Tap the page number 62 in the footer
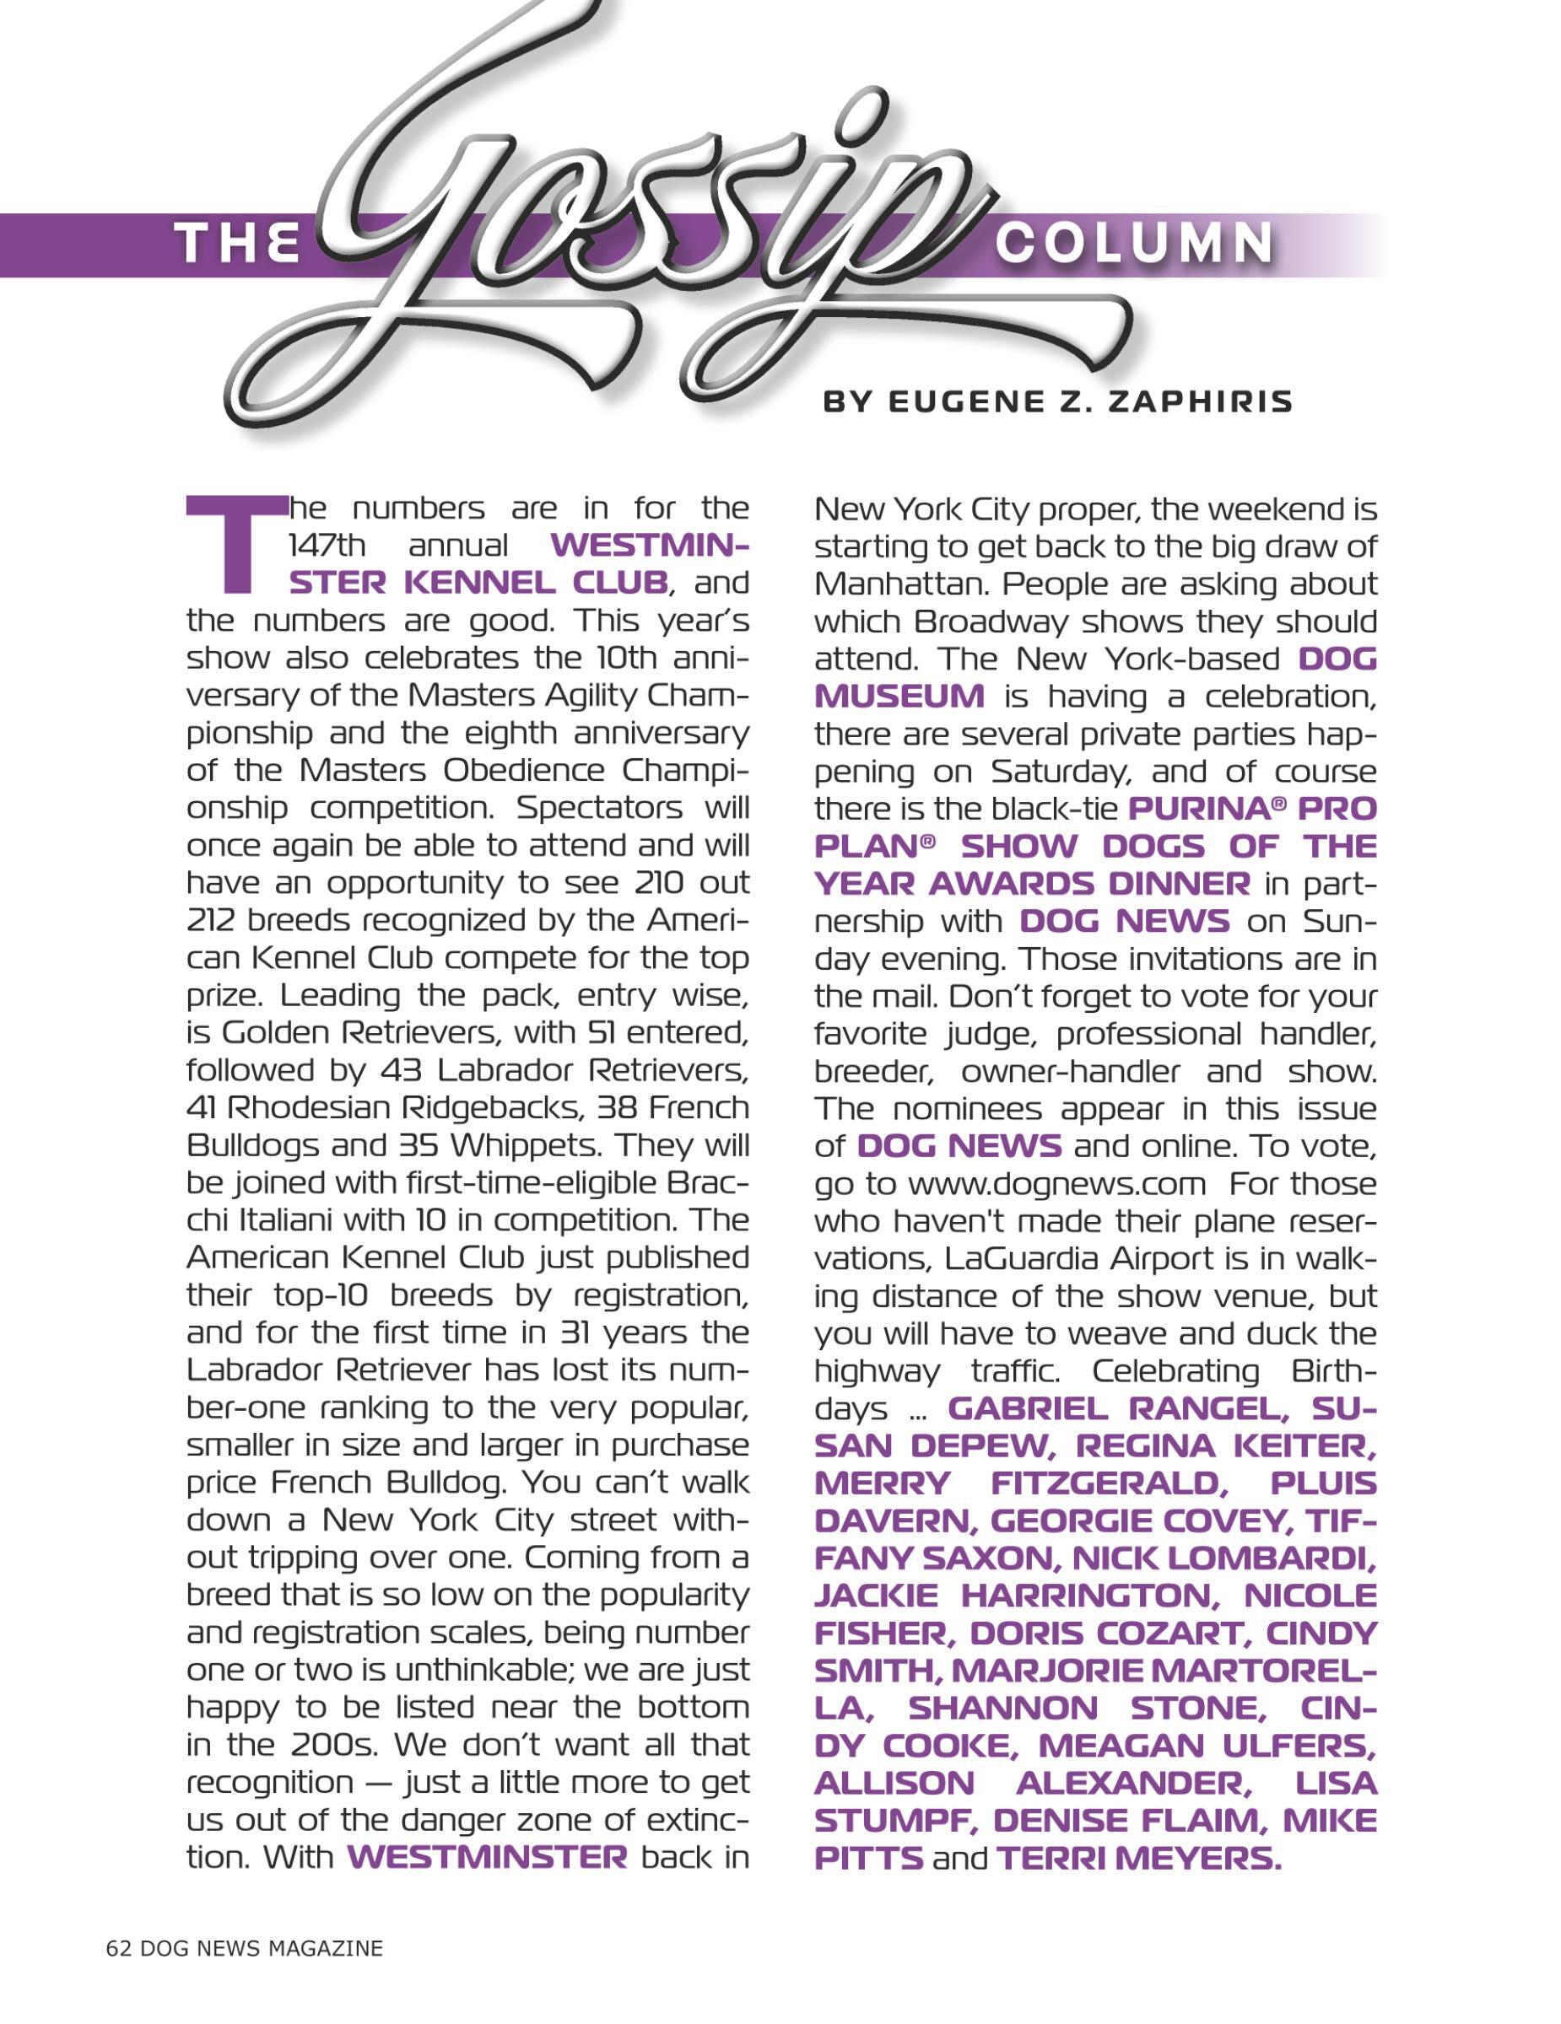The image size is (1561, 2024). (119, 1947)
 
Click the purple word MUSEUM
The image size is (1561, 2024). (899, 696)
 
